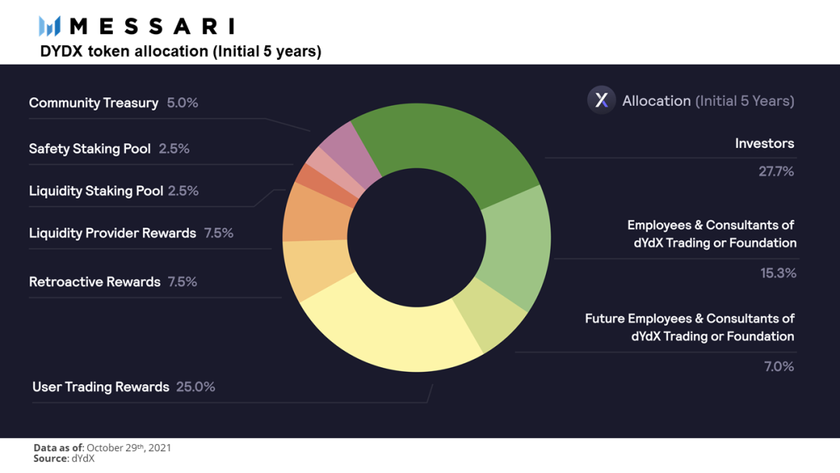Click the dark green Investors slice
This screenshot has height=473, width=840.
pyautogui.click(x=450, y=145)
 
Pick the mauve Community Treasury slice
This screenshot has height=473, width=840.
pyautogui.click(x=348, y=152)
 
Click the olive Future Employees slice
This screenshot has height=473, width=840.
pyautogui.click(x=490, y=316)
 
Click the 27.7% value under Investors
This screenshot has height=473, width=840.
pyautogui.click(x=775, y=171)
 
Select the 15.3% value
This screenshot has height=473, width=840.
pyautogui.click(x=778, y=273)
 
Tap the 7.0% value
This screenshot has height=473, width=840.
pyautogui.click(x=779, y=366)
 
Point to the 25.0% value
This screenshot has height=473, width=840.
pyautogui.click(x=195, y=387)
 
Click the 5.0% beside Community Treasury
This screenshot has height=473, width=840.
pyautogui.click(x=182, y=103)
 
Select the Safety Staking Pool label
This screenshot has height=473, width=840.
pyautogui.click(x=89, y=149)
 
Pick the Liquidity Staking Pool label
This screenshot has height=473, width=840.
pyautogui.click(x=96, y=191)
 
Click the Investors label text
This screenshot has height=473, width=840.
pyautogui.click(x=765, y=143)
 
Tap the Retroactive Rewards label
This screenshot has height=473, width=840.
pyautogui.click(x=95, y=282)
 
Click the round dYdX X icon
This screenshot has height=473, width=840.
pyautogui.click(x=601, y=100)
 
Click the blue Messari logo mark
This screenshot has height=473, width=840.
pyautogui.click(x=49, y=26)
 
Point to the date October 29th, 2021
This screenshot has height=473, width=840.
pyautogui.click(x=128, y=448)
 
